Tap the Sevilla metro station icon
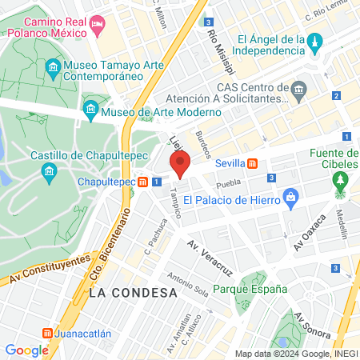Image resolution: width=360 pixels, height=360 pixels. click(252, 163)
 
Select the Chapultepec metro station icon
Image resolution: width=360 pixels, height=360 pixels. click(142, 182)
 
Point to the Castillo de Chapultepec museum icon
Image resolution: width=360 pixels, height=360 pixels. click(50, 170)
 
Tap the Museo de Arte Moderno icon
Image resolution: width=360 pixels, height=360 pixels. click(90, 108)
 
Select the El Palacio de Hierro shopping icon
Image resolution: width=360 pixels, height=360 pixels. click(291, 195)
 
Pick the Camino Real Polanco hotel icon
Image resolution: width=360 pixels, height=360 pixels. click(98, 26)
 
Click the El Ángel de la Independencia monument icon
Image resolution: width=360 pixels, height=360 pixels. click(316, 40)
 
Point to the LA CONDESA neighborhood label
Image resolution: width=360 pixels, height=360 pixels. click(133, 293)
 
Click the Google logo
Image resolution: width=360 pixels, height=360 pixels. click(26, 350)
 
